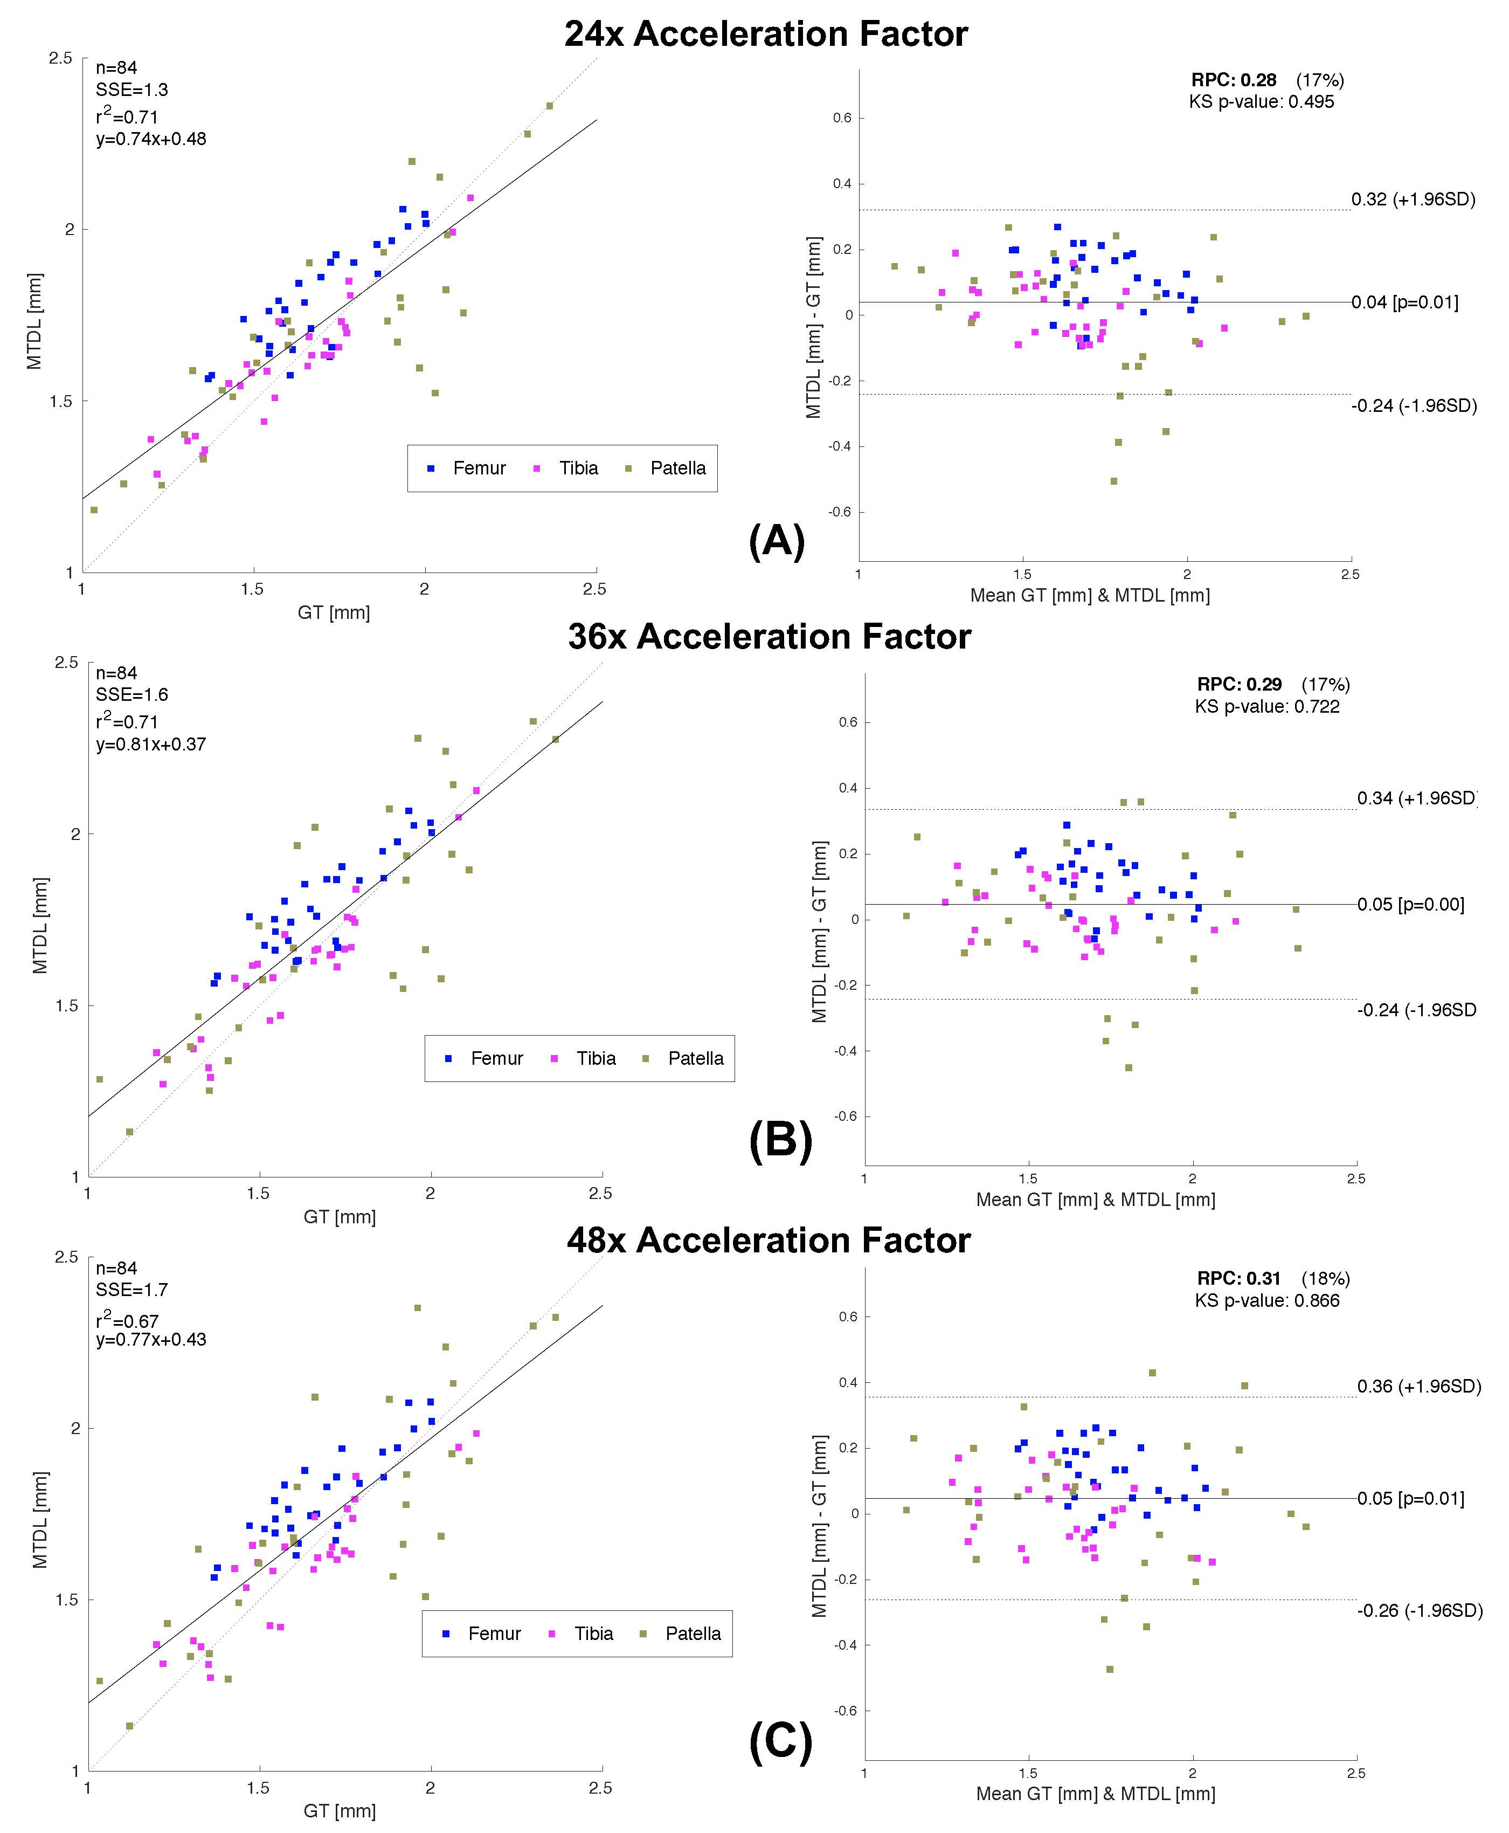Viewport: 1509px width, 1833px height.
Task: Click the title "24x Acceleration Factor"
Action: (766, 34)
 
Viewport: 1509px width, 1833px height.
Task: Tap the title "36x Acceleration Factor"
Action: (769, 637)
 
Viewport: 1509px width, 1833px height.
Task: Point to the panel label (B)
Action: (780, 1141)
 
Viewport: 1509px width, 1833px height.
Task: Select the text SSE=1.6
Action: (131, 695)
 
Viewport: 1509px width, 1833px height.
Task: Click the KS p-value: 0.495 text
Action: (1261, 102)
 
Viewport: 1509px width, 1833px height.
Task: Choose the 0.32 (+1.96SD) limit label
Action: (1413, 199)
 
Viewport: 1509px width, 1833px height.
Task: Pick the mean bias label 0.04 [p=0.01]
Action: (1404, 302)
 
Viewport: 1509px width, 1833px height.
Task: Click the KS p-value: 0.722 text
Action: (1266, 706)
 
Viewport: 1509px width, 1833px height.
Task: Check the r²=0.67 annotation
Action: (127, 1320)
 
